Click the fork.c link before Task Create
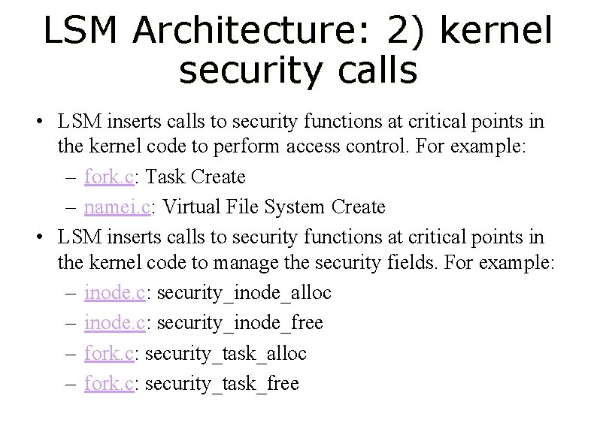109,177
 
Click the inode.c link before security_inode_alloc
114,293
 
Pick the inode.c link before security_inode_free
114,323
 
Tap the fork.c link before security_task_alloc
109,353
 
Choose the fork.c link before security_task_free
109,383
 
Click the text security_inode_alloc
244,293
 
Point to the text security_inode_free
240,323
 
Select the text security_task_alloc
226,353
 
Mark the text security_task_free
222,383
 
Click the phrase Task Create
195,177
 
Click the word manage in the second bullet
245,264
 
